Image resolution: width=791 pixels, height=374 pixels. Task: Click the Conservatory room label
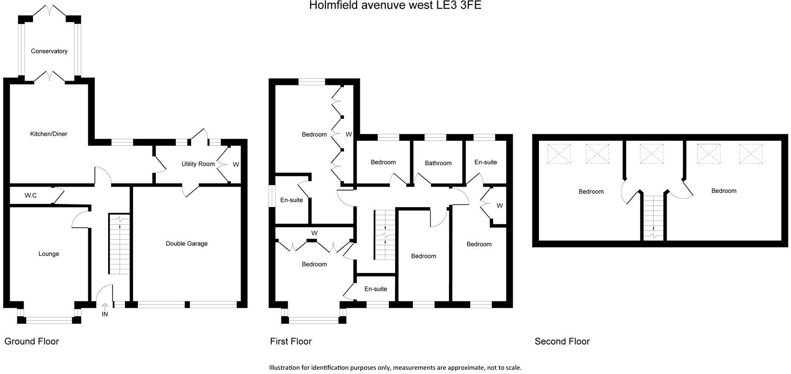[49, 51]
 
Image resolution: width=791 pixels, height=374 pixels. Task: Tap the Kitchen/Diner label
[49, 134]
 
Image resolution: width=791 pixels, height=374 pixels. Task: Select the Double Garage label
[187, 244]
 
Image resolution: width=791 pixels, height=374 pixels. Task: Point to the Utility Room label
[198, 164]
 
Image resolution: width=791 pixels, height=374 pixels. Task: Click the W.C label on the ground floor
[31, 195]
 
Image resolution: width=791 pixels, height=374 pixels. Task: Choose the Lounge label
[49, 254]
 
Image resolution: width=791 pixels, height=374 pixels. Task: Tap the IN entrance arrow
[105, 308]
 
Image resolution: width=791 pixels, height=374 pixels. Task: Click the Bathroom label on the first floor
[438, 163]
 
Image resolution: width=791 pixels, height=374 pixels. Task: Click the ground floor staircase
[119, 245]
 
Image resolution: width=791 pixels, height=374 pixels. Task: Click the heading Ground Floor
[32, 341]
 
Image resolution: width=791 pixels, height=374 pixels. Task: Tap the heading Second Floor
[562, 341]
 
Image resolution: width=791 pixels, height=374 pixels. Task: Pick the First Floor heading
[291, 341]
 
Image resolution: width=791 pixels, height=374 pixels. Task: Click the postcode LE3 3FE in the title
[459, 6]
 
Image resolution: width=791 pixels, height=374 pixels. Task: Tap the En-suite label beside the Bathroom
[485, 162]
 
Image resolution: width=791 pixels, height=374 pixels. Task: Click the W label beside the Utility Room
[236, 164]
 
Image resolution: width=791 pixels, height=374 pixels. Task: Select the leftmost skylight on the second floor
[559, 154]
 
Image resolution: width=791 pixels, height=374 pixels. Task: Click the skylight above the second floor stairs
[651, 154]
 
